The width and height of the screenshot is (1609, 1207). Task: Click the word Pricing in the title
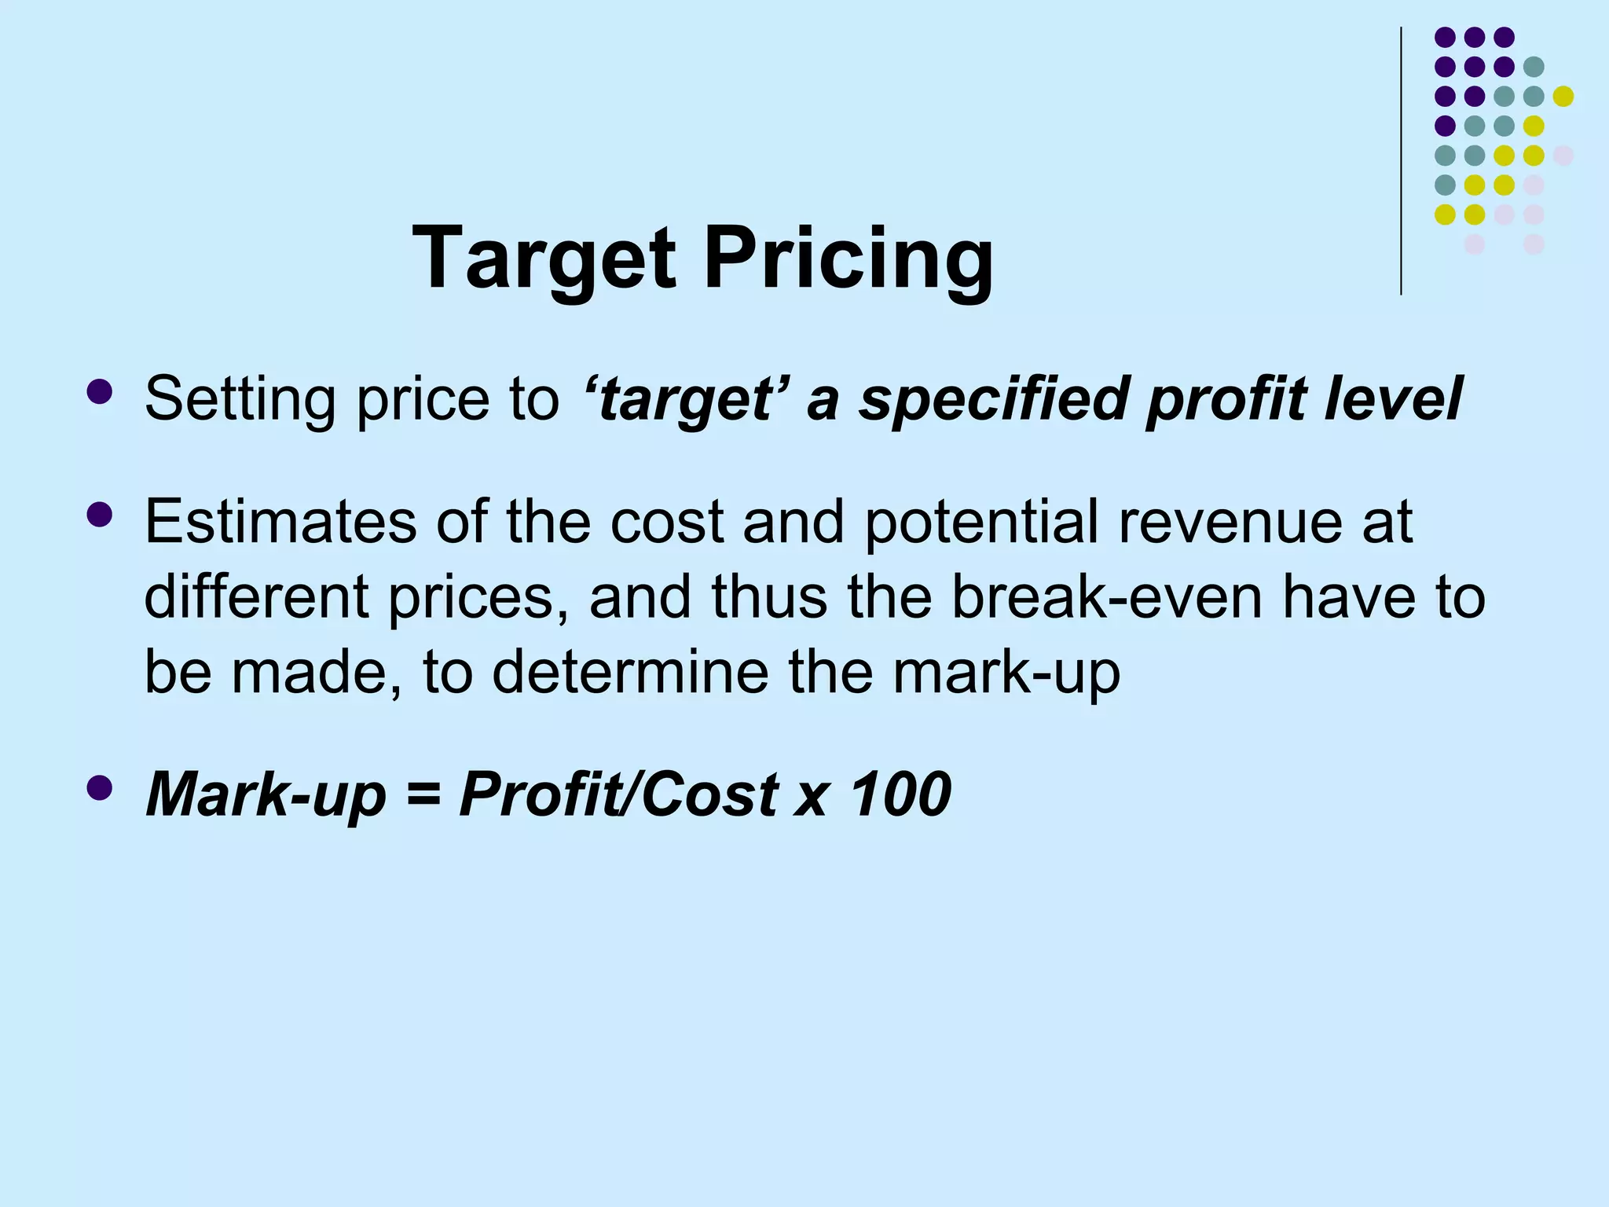[x=848, y=259]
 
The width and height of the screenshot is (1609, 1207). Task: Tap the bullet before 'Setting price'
[x=100, y=391]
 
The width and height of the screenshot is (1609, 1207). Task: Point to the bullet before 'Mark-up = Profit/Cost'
[x=100, y=787]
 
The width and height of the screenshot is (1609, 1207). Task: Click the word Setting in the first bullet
[x=240, y=399]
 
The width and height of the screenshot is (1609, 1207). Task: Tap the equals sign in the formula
[x=423, y=794]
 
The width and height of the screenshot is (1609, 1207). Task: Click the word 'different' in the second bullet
[x=256, y=596]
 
